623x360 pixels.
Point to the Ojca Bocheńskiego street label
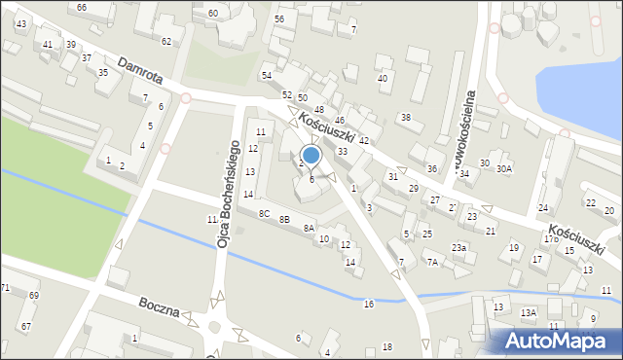(223, 193)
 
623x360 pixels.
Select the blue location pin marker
(311, 155)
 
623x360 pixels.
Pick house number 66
(82, 7)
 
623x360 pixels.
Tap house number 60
(212, 13)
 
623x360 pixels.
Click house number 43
(20, 23)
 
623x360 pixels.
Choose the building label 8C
(264, 213)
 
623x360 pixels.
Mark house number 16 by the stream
(368, 305)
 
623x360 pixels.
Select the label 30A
(503, 169)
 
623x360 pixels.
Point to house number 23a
(458, 248)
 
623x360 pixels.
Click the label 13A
(528, 312)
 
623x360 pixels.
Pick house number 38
(405, 118)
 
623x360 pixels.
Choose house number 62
(166, 41)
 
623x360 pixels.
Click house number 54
(266, 75)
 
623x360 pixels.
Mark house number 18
(386, 347)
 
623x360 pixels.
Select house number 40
(383, 78)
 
